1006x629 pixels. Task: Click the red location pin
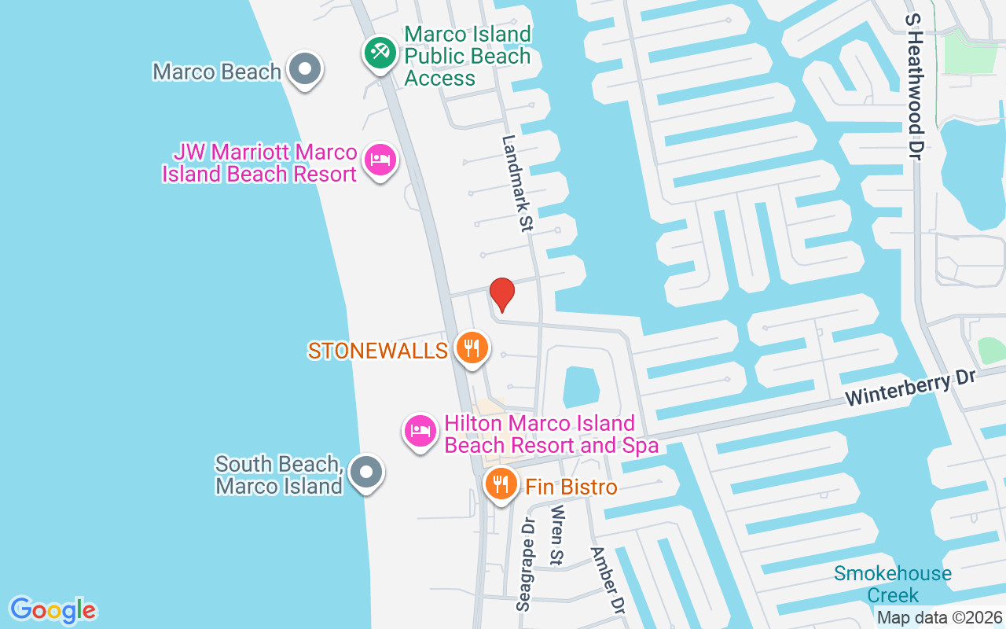(501, 294)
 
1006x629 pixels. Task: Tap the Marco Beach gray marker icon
(303, 69)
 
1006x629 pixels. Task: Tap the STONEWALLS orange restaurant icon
(471, 348)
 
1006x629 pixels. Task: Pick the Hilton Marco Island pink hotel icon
(420, 431)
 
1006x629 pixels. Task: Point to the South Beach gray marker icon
(365, 473)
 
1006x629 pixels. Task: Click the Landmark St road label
(517, 182)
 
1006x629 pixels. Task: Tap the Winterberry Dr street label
(910, 388)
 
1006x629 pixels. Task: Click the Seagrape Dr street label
(526, 564)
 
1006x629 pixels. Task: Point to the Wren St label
(557, 535)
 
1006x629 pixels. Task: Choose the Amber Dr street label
(608, 580)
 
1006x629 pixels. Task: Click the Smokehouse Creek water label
(892, 584)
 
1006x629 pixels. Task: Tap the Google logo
(53, 610)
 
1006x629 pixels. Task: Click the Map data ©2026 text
(939, 618)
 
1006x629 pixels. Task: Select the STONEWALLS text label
(377, 351)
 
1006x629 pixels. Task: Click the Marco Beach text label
(216, 72)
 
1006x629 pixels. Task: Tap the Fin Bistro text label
(571, 487)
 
